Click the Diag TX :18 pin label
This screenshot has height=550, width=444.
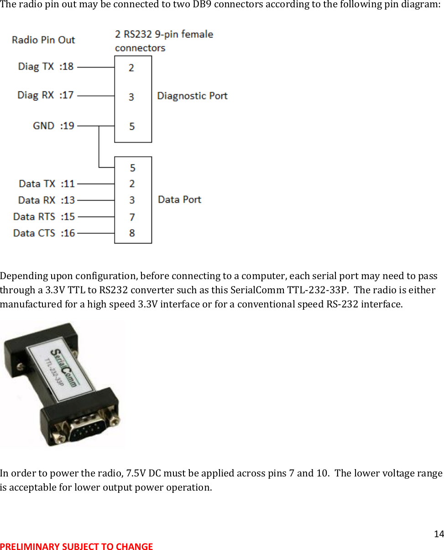[x=46, y=67]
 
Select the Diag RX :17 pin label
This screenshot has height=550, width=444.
[x=45, y=95]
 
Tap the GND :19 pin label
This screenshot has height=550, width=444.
[x=53, y=126]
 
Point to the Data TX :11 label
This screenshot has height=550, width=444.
[x=47, y=184]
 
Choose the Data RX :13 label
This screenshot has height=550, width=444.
[x=46, y=200]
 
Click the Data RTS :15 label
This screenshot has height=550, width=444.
[x=44, y=217]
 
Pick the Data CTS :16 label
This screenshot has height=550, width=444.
[x=44, y=233]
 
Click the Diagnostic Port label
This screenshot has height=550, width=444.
[x=192, y=96]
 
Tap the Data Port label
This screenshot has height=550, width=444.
[x=179, y=200]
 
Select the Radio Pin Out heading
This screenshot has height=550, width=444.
[x=43, y=40]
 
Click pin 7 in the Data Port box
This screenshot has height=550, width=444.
[x=132, y=217]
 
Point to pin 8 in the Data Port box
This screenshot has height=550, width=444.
[x=132, y=233]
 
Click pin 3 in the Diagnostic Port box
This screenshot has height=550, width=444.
[x=131, y=97]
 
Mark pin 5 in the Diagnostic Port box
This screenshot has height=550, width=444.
[x=132, y=126]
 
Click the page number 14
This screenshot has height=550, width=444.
[x=439, y=534]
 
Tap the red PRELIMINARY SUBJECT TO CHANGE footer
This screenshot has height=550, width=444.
[x=76, y=546]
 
